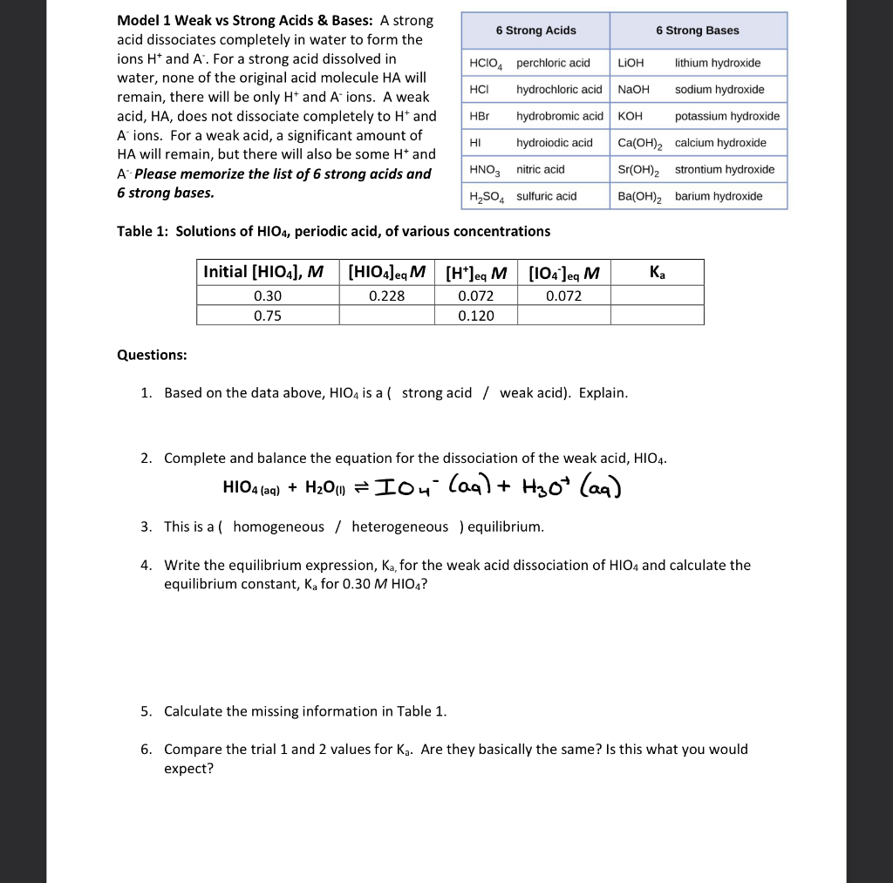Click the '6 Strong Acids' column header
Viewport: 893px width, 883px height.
(535, 31)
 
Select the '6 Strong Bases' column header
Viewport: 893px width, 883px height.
(697, 31)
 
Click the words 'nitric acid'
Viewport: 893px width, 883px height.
(540, 169)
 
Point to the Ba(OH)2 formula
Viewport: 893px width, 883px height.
(640, 196)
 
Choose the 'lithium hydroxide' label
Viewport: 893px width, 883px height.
(717, 63)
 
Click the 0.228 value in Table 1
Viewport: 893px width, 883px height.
(386, 295)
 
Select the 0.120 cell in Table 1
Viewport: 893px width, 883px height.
(475, 316)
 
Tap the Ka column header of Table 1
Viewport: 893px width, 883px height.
(657, 272)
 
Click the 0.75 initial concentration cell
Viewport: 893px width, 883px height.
(267, 316)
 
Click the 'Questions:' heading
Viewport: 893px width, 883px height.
(151, 355)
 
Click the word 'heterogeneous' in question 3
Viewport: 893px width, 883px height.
(399, 526)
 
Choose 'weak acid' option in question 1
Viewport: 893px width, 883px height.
(532, 393)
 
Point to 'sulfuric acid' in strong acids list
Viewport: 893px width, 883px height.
(546, 196)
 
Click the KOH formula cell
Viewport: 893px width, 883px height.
(630, 116)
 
